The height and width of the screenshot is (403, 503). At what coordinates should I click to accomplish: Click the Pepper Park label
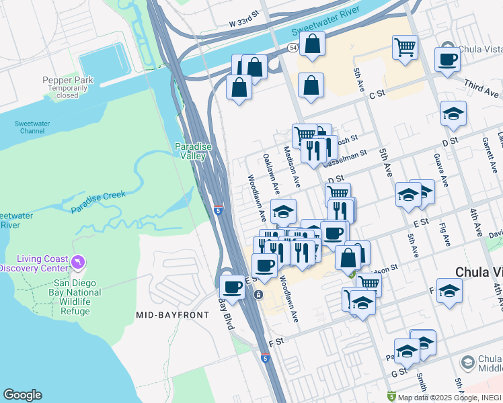tap(68, 80)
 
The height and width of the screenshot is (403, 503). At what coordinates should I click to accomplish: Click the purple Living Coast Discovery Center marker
tap(78, 260)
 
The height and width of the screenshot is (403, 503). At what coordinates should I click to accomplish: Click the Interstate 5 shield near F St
tap(266, 359)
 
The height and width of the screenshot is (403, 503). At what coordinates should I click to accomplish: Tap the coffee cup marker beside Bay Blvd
tap(233, 287)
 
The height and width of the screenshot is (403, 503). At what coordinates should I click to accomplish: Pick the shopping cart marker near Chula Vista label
tap(405, 47)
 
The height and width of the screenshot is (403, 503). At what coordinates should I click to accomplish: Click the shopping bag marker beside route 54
tap(313, 44)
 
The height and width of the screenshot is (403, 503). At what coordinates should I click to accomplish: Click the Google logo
tap(22, 395)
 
